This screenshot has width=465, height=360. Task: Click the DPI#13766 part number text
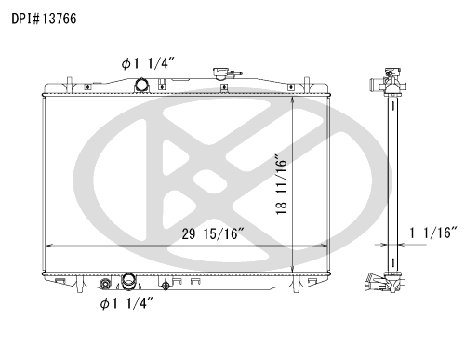tap(44, 19)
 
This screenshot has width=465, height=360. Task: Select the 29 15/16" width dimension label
tap(213, 233)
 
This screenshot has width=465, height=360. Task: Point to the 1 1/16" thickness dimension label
tap(433, 233)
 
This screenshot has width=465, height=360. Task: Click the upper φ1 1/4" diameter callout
tap(148, 63)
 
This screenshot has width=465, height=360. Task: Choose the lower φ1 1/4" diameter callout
tap(126, 303)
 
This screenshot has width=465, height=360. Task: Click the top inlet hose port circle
tap(141, 85)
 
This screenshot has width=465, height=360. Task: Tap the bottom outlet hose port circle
tap(127, 280)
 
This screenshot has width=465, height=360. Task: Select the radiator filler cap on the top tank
tap(220, 73)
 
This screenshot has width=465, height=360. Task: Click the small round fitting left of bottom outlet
tap(105, 284)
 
